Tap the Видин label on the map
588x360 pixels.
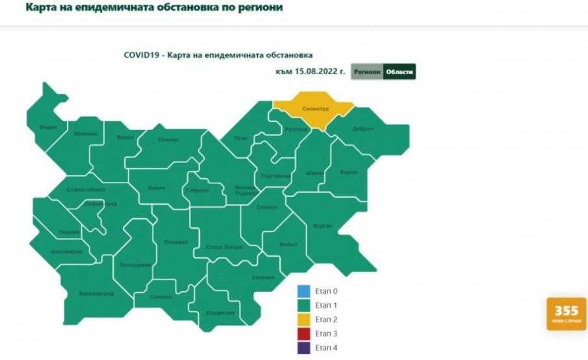pos(48,127)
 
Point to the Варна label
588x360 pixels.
pos(349,172)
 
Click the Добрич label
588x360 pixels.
pos(363,129)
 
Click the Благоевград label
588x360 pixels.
pos(96,294)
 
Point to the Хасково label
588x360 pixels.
pos(262,277)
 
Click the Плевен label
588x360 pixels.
pos(168,140)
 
